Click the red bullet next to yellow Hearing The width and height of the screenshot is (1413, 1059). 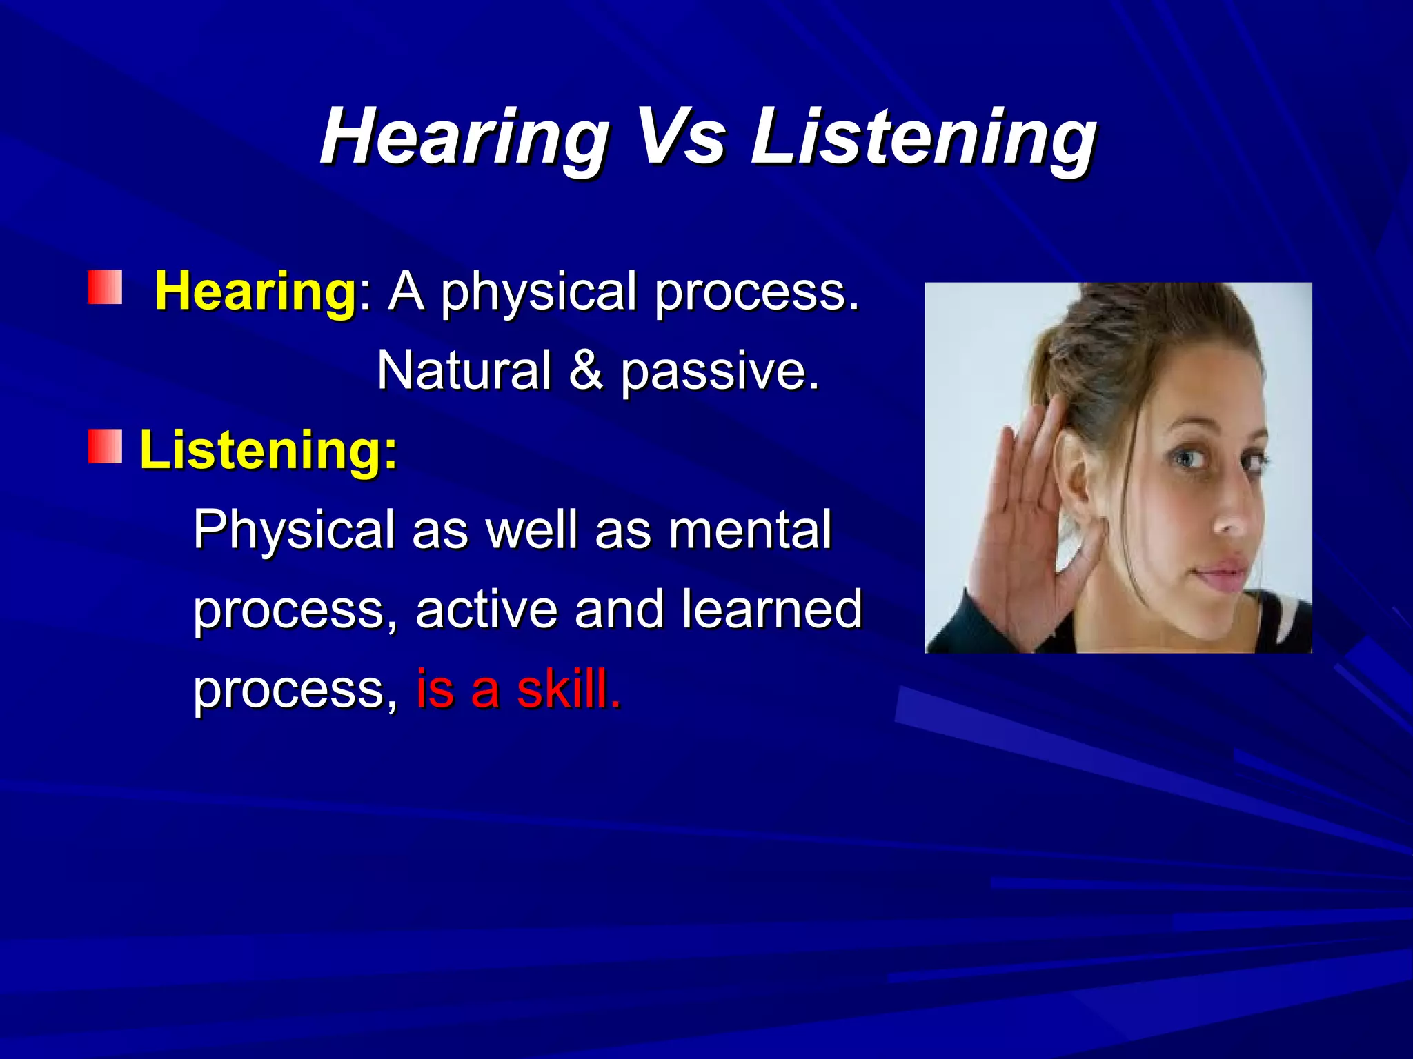pos(105,288)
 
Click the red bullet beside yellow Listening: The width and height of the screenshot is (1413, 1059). pos(105,446)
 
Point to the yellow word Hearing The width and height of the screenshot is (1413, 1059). pos(255,292)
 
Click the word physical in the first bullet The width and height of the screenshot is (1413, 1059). pos(538,293)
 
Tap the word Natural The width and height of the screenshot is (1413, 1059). pos(464,370)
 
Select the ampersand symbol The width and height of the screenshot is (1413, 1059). pos(586,370)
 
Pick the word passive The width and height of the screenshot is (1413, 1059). pos(719,372)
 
